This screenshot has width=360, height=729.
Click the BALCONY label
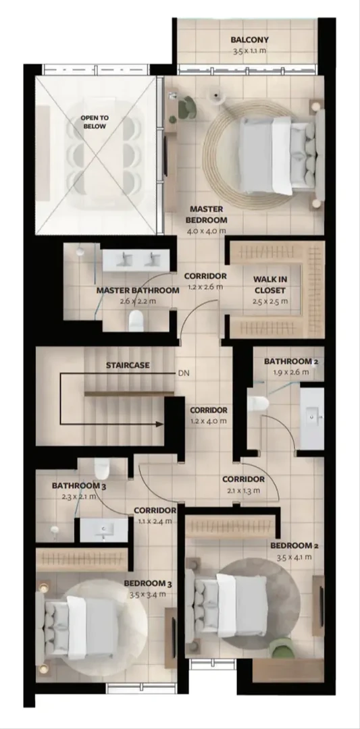click(249, 40)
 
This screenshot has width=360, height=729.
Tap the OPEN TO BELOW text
click(95, 122)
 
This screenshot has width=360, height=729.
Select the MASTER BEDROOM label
click(206, 215)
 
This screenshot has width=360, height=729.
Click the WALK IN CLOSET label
click(269, 285)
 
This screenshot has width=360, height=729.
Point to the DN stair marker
click(183, 373)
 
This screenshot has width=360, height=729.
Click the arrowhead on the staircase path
click(159, 424)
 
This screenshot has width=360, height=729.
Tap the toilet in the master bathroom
click(136, 321)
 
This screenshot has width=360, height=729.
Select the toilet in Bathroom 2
click(257, 403)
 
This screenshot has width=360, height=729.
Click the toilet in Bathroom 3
click(101, 468)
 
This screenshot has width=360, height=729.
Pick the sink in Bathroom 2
click(312, 418)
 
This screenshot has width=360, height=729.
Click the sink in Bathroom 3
click(104, 530)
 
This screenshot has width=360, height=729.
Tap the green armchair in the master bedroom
click(188, 107)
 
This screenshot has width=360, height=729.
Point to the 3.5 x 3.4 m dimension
click(147, 594)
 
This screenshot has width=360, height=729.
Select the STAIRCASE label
click(128, 365)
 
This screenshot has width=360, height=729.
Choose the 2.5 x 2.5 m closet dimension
click(269, 301)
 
